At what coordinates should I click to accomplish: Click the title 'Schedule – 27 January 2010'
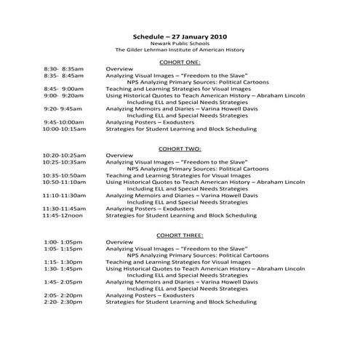coord(179,36)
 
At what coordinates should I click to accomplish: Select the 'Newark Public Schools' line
coord(179,43)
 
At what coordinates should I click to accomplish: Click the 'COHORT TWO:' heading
coord(180,148)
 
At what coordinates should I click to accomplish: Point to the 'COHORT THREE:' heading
coord(180,235)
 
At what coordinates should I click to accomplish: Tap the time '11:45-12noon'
coord(63,215)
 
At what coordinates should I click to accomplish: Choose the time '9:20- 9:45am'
coord(63,108)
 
